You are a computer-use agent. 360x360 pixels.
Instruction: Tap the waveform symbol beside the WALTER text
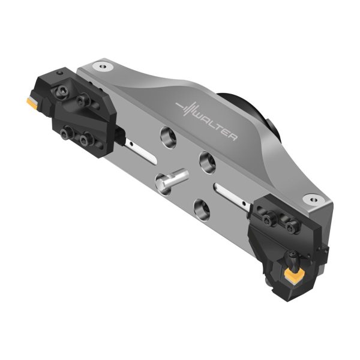[x=187, y=109]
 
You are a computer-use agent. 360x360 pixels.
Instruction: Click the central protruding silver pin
[x=172, y=180]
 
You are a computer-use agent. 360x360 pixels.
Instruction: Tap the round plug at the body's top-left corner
[x=103, y=67]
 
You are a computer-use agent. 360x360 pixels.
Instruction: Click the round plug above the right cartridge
[x=313, y=199]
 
